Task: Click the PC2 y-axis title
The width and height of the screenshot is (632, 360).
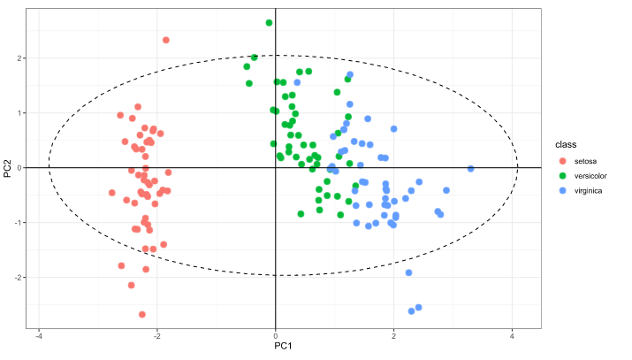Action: coord(8,167)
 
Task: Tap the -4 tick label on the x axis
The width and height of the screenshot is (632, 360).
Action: coord(38,336)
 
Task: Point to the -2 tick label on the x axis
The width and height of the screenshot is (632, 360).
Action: coord(156,336)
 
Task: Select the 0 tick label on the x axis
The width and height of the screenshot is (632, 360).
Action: coord(276,336)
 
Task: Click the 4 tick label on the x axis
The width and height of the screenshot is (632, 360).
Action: coord(513,336)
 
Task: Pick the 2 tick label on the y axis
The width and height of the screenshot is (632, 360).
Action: coord(23,58)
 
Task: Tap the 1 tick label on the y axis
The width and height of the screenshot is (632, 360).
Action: coord(23,113)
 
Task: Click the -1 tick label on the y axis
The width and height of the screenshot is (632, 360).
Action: coord(21,223)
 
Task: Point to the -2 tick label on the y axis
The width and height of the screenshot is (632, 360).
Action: coord(21,278)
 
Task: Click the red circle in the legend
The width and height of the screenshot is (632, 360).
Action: coord(563,160)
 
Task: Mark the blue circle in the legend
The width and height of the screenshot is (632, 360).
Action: coord(563,190)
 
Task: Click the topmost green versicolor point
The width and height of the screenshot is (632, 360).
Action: coord(269,23)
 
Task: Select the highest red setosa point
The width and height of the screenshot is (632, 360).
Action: coord(166,40)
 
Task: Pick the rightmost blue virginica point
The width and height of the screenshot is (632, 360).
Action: coord(471,168)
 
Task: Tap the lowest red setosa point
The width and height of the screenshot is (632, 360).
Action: coord(142,314)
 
